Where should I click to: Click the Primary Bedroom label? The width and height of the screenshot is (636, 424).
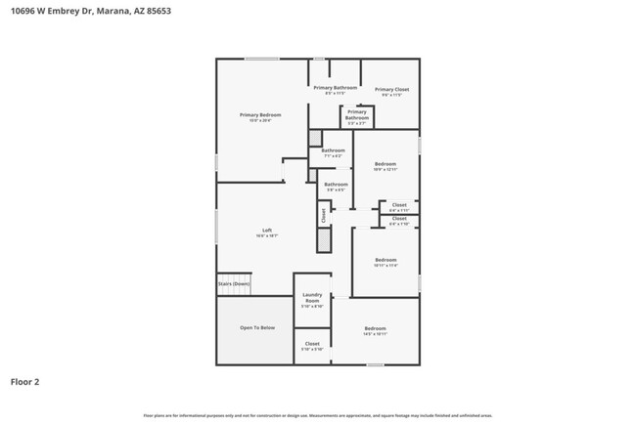[259, 116]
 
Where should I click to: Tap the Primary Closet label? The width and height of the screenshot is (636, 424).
[391, 91]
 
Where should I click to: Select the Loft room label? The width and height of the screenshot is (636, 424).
[266, 233]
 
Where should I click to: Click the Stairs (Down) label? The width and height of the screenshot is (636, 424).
[234, 283]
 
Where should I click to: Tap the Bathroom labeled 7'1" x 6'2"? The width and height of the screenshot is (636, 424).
[333, 152]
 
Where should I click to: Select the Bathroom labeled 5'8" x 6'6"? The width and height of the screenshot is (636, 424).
[336, 186]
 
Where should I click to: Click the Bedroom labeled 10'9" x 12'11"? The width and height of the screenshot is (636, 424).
[385, 165]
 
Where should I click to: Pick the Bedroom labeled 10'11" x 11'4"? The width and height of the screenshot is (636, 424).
[385, 262]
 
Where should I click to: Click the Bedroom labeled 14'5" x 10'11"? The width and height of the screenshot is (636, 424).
[376, 330]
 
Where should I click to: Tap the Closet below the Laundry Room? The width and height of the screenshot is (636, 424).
[312, 345]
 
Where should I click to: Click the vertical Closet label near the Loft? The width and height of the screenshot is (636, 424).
[322, 215]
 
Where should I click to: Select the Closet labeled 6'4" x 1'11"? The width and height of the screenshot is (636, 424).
[398, 206]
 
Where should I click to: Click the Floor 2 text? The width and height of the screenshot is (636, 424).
[24, 381]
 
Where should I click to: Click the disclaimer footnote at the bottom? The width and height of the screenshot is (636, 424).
[318, 415]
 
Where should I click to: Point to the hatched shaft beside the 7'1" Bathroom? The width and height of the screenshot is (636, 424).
[315, 138]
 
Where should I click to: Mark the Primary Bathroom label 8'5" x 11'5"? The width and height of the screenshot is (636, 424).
[335, 90]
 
